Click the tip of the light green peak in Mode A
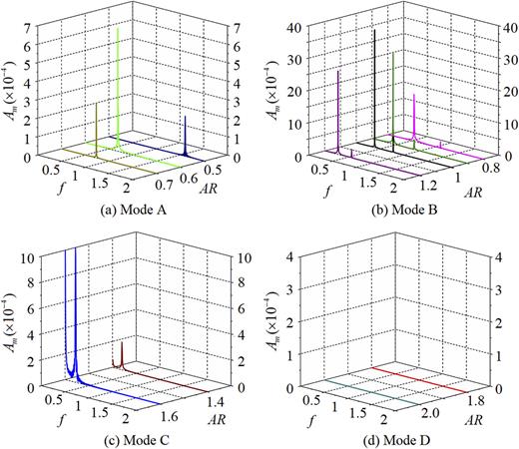pyautogui.click(x=119, y=29)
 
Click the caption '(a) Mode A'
pyautogui.click(x=131, y=210)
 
